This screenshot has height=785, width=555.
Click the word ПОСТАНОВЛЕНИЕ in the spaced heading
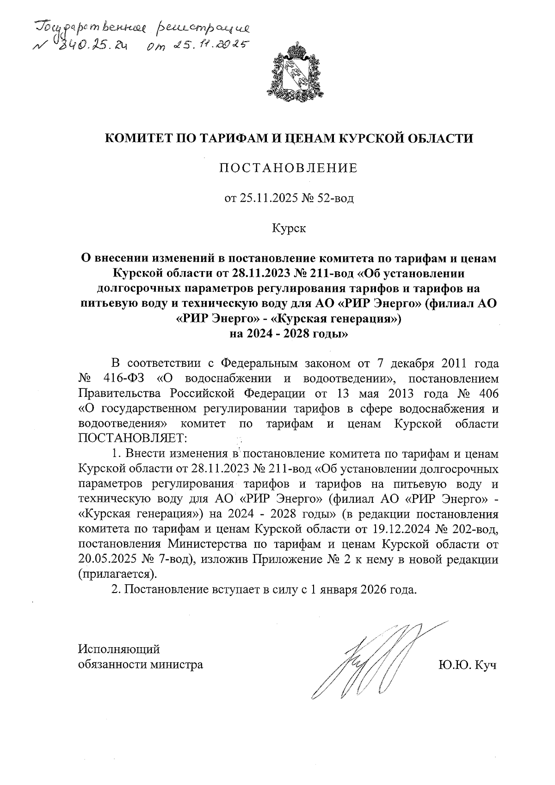(x=288, y=168)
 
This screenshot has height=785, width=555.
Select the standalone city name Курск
(x=288, y=229)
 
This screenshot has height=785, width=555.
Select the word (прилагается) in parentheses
(x=117, y=574)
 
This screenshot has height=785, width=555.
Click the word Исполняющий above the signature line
(x=119, y=649)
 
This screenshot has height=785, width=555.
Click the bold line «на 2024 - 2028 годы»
(x=288, y=334)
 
